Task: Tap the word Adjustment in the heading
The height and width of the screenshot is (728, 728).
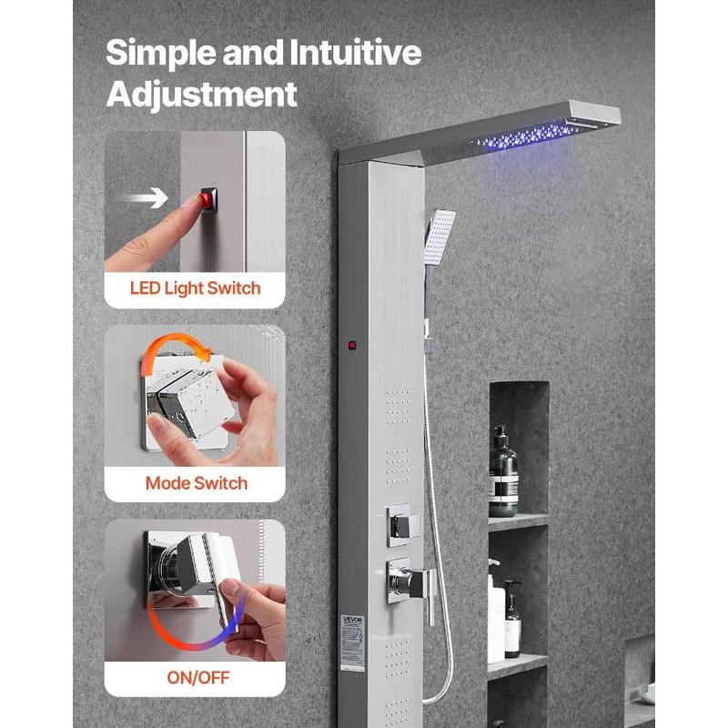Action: point(201,94)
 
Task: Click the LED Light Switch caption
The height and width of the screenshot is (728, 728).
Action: point(195,288)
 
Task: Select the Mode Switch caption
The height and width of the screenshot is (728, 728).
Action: point(196,482)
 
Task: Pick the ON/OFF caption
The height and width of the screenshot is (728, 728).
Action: point(195,677)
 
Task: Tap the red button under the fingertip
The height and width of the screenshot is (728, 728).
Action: point(208,197)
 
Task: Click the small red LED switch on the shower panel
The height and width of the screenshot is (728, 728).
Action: point(352,345)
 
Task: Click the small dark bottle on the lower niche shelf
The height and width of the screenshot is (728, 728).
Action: point(513,620)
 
